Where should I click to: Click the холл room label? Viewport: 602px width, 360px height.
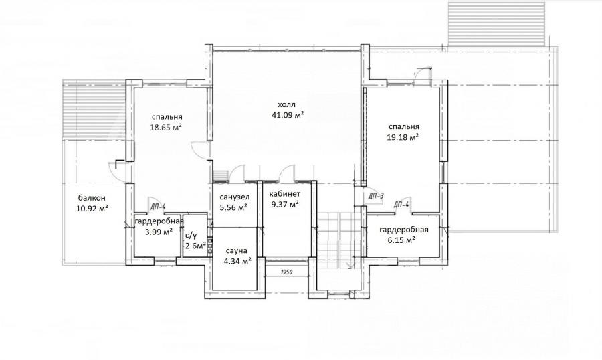click(287, 104)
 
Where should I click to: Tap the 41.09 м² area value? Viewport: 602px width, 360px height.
click(288, 114)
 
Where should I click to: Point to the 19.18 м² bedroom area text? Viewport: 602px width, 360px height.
click(403, 137)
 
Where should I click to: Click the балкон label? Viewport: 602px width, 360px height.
click(92, 198)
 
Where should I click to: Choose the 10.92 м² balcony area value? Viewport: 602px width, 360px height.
click(92, 209)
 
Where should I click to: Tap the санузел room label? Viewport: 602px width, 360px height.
click(235, 197)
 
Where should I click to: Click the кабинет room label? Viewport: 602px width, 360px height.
click(285, 194)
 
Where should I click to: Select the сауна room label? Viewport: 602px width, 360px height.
click(236, 251)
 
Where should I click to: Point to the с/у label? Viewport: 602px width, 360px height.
click(191, 236)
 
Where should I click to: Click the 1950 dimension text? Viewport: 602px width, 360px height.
click(286, 272)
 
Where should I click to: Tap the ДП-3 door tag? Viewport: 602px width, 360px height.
click(376, 196)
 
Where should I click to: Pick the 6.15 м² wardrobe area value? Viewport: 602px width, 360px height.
click(403, 240)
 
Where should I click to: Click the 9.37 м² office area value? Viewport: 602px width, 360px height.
click(285, 205)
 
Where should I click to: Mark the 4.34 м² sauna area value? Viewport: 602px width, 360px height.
click(237, 261)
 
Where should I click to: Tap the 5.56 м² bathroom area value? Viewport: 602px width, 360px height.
click(233, 207)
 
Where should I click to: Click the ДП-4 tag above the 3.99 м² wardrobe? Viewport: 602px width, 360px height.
click(158, 207)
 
